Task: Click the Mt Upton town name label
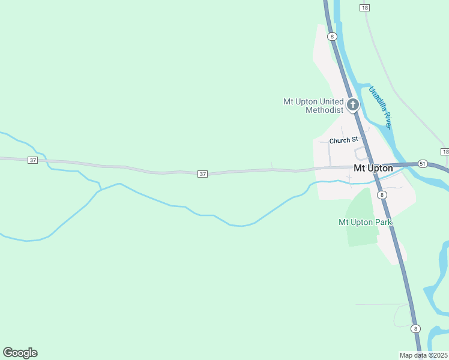pyautogui.click(x=373, y=169)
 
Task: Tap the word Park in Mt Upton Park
pyautogui.click(x=382, y=222)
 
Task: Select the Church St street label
pyautogui.click(x=343, y=140)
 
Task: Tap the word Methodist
pyautogui.click(x=324, y=110)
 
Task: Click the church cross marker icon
pyautogui.click(x=352, y=105)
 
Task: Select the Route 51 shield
pyautogui.click(x=423, y=164)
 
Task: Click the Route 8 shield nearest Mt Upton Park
pyautogui.click(x=382, y=195)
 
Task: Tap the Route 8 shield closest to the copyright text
pyautogui.click(x=415, y=329)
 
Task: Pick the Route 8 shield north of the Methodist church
pyautogui.click(x=332, y=37)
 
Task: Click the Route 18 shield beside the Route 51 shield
pyautogui.click(x=444, y=152)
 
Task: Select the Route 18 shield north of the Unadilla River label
pyautogui.click(x=364, y=7)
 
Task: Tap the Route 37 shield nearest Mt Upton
pyautogui.click(x=203, y=174)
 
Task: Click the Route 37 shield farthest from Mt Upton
pyautogui.click(x=33, y=160)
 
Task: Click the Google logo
pyautogui.click(x=20, y=353)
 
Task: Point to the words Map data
pyautogui.click(x=412, y=355)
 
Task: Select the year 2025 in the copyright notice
pyautogui.click(x=439, y=355)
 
